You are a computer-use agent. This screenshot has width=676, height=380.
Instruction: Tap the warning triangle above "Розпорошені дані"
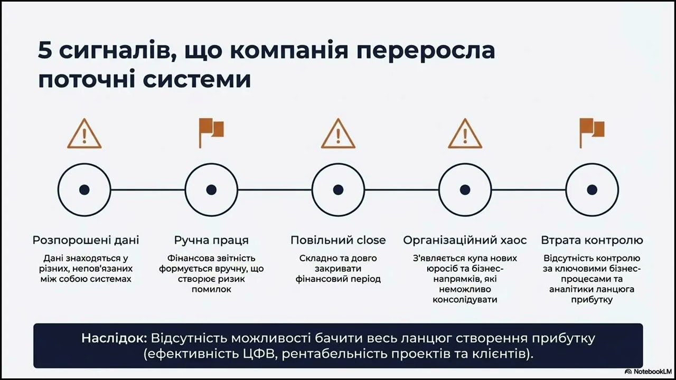84,134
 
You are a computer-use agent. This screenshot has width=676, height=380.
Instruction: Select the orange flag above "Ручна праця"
211,133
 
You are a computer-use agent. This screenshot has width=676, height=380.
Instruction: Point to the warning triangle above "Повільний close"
338,134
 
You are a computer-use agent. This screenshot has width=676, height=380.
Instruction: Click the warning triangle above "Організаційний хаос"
465,134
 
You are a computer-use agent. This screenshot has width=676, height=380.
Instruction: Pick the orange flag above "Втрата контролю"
591,133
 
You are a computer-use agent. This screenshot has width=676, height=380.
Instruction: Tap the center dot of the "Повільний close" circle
338,189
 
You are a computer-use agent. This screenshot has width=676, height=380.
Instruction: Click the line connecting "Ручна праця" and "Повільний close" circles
275,189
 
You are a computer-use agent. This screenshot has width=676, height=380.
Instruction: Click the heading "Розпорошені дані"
86,240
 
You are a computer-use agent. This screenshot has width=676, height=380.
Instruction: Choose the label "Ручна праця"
211,240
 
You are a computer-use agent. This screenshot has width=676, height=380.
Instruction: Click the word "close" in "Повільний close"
371,240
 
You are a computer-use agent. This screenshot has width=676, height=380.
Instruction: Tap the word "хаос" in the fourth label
513,240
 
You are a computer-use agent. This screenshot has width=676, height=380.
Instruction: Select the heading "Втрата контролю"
592,240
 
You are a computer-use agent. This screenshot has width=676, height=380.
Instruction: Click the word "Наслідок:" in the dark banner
114,338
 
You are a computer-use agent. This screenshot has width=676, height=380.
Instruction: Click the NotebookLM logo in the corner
648,372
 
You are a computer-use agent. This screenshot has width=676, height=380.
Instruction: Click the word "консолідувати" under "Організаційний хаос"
465,300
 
